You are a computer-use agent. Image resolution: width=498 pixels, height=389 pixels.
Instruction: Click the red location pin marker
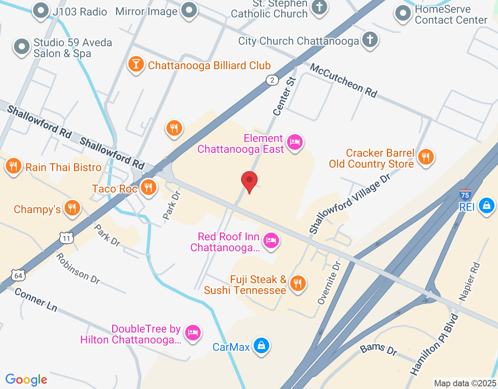click(249, 181)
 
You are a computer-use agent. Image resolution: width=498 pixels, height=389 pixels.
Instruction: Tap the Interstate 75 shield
click(465, 194)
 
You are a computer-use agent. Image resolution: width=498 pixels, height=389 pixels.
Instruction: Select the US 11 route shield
click(67, 238)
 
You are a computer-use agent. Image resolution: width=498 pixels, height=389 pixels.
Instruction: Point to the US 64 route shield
click(18, 275)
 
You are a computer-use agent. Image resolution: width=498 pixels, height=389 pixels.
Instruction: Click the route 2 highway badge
click(272, 80)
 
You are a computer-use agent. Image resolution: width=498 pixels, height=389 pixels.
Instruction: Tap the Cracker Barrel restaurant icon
click(426, 157)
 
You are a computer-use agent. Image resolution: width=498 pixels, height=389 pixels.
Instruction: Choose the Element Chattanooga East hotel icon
click(295, 142)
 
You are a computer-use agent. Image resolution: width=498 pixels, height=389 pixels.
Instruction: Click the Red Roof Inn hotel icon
click(271, 240)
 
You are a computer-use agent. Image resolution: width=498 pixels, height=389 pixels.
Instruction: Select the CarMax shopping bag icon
click(261, 345)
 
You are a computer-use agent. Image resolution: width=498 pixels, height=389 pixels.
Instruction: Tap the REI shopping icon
click(486, 205)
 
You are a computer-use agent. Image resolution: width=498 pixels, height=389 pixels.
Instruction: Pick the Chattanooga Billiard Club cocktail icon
click(136, 64)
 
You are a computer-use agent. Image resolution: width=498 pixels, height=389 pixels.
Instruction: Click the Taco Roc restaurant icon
click(148, 187)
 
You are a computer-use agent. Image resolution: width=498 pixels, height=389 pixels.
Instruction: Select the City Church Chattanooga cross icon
click(370, 39)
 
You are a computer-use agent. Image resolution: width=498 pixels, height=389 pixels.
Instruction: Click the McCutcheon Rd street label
click(344, 81)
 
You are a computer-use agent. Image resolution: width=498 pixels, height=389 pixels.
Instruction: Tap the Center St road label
click(284, 97)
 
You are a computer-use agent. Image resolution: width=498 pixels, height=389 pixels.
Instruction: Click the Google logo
click(26, 380)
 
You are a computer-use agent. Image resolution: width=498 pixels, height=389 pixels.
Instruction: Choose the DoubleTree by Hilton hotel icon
click(193, 333)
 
